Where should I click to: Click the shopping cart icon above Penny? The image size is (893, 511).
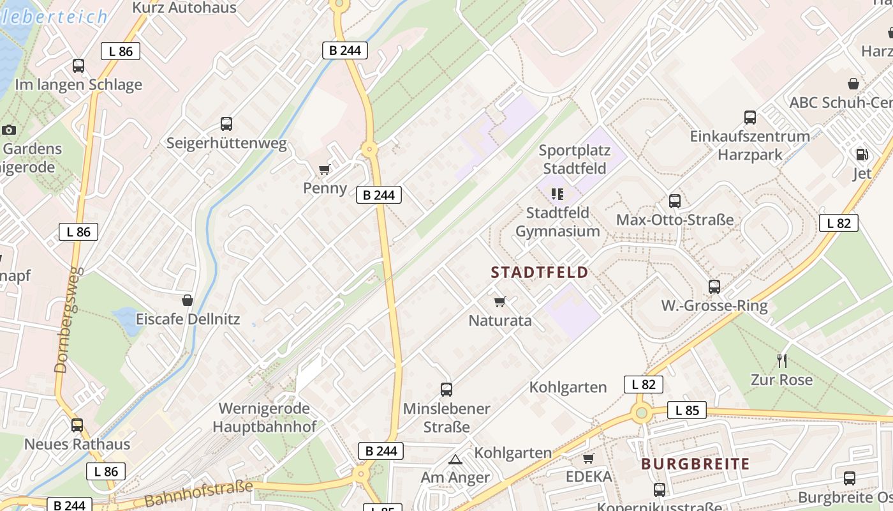tap(325, 169)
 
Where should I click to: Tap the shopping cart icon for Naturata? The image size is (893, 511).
tap(500, 301)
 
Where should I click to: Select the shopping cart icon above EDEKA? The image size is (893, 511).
tap(588, 458)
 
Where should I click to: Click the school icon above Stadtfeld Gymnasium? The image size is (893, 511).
tap(557, 194)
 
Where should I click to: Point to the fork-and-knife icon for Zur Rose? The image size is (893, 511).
tap(782, 361)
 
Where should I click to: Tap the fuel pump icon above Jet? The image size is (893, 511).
tap(862, 154)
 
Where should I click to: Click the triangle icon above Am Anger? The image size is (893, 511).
tap(455, 459)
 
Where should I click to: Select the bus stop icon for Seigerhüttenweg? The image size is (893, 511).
tap(226, 124)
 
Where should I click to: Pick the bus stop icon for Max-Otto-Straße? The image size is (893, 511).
tap(675, 201)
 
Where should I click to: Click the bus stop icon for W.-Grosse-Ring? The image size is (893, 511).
tap(714, 287)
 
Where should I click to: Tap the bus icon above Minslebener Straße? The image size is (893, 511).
tap(447, 389)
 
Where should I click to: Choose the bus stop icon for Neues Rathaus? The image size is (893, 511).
tap(77, 425)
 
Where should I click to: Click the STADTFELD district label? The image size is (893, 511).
tap(540, 273)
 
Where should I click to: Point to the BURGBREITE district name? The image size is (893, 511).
tap(695, 464)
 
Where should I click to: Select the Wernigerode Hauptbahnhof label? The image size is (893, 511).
tap(264, 417)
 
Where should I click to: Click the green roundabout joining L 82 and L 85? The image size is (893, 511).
tap(642, 412)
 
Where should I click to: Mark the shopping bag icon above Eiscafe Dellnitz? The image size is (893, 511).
tap(188, 300)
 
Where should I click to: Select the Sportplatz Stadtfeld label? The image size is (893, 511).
tap(574, 160)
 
